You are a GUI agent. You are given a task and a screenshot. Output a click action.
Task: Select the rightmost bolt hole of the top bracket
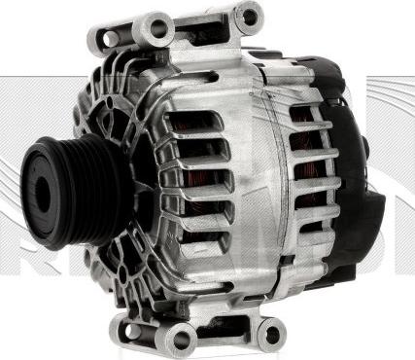pyautogui.click(x=248, y=15)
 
